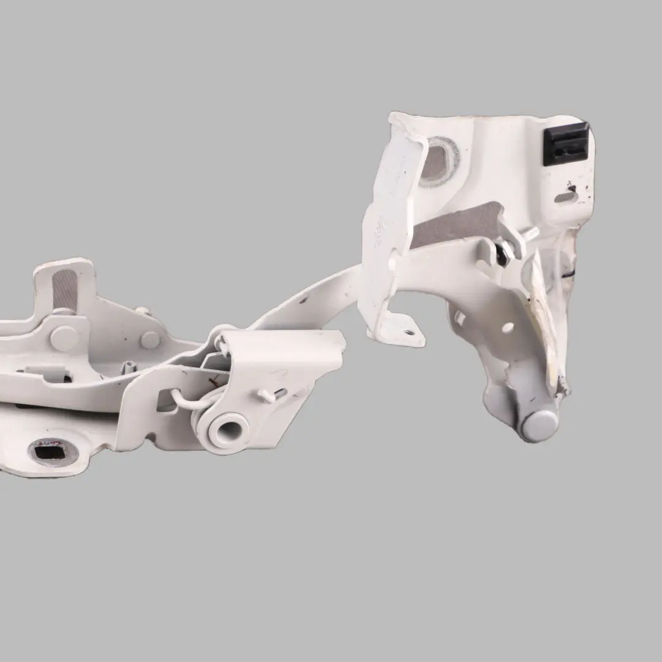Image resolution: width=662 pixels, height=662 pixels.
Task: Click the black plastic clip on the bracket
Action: (x=566, y=143)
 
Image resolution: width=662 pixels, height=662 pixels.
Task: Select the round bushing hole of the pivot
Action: (x=227, y=427)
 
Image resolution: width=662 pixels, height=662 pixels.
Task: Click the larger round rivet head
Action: (x=64, y=338)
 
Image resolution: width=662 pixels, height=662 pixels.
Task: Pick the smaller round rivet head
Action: (x=150, y=340)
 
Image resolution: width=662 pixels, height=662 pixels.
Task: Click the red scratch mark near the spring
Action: (x=214, y=381)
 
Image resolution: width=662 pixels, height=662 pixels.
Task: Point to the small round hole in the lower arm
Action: (x=508, y=327)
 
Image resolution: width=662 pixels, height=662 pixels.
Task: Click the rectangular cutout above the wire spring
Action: (x=167, y=401)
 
